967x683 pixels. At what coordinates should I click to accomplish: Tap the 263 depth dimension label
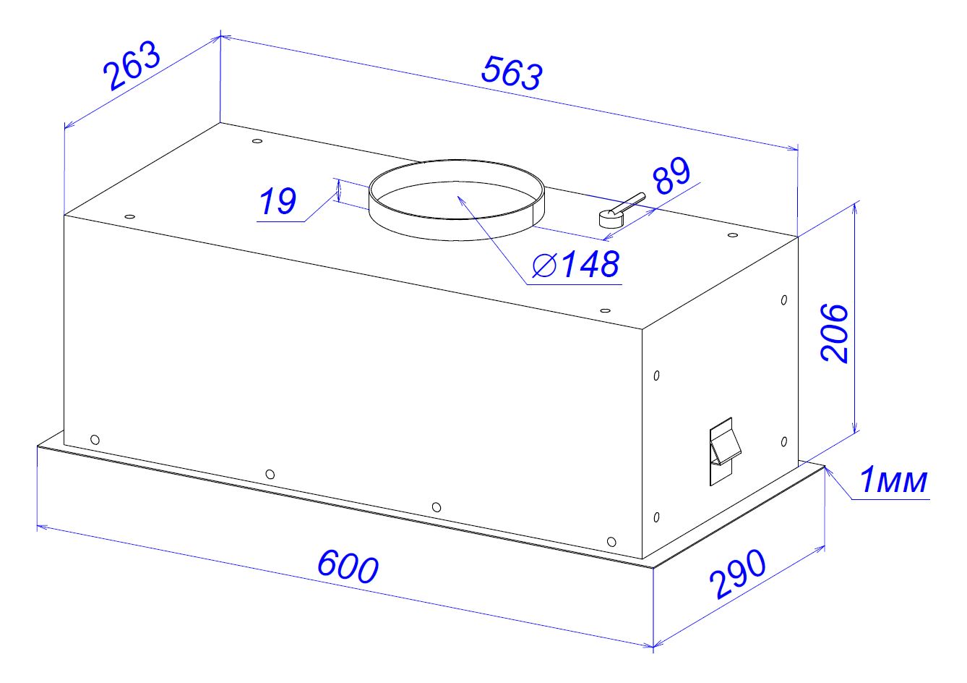(x=132, y=66)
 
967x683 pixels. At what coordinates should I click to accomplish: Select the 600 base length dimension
(x=348, y=567)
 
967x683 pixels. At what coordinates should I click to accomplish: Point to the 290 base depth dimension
(x=737, y=574)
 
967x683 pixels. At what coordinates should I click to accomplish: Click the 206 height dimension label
(x=834, y=333)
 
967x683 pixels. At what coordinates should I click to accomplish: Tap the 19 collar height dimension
(x=278, y=201)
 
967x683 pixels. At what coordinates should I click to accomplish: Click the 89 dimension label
(x=671, y=175)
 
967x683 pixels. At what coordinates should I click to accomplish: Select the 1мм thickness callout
(x=893, y=480)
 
